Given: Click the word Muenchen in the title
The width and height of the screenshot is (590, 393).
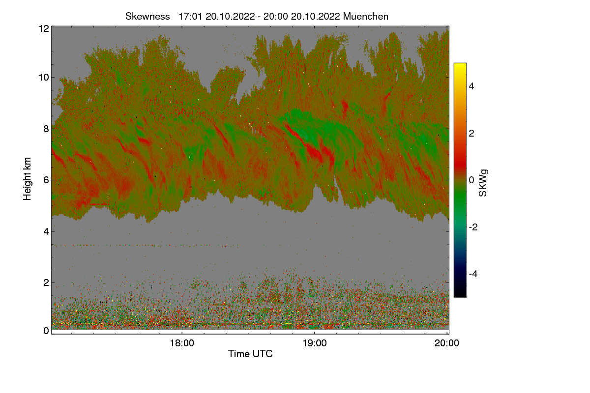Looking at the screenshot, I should point(366,16).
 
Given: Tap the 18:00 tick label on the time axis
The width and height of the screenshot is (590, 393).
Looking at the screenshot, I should point(181,343).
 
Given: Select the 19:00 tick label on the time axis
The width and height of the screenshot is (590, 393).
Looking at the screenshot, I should point(314,343).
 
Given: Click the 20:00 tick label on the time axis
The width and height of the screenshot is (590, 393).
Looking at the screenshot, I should point(447,343).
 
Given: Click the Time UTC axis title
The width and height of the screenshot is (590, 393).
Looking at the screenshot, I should point(250,354).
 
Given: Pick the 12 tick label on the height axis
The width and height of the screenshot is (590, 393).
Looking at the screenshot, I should point(43,28).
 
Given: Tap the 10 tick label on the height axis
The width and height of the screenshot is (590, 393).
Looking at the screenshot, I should point(43,77).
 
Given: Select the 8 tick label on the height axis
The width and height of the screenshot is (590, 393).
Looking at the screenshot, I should point(46,129).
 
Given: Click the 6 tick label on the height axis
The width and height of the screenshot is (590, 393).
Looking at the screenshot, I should point(46,180).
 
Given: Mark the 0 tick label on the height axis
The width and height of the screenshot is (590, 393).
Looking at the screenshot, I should point(46,331).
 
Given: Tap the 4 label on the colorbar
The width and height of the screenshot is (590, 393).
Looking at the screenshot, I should point(472,86).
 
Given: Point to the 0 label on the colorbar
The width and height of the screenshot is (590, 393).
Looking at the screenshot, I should point(472,180).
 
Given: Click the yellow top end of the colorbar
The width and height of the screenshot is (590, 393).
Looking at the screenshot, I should point(460,66).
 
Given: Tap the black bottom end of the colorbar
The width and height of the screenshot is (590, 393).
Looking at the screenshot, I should point(460,294).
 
